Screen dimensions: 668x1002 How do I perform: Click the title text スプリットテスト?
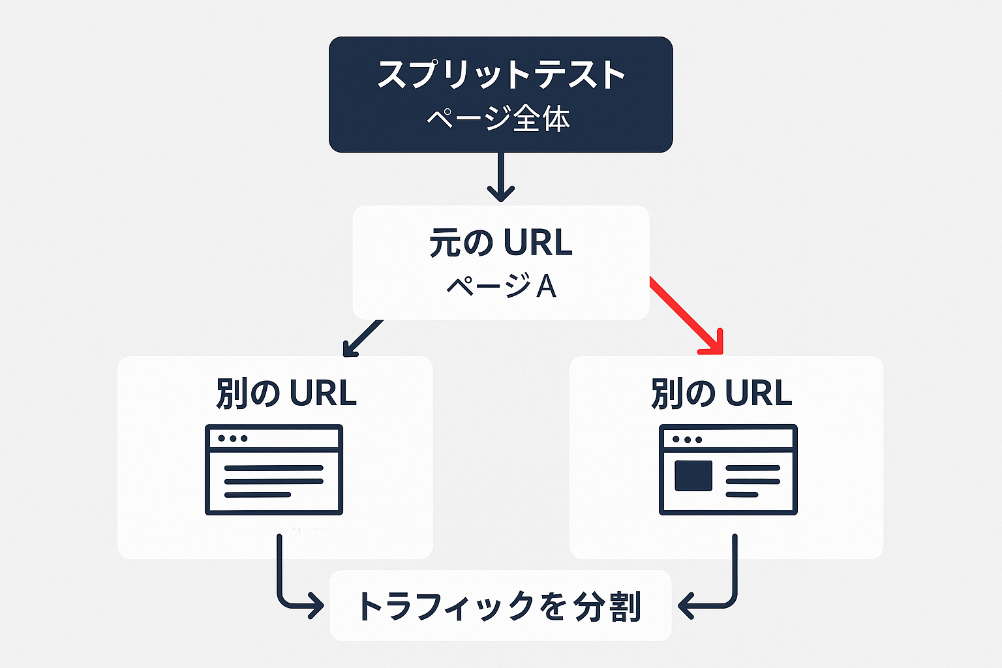500,75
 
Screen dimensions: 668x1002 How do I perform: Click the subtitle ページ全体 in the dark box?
499,119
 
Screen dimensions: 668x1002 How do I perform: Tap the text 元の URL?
500,243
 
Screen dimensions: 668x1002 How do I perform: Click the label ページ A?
500,286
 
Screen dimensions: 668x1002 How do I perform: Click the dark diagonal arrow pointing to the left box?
363,338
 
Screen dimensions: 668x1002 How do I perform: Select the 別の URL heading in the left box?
286,393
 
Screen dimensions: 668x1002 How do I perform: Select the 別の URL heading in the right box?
721,393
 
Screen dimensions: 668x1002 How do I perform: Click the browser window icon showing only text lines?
274,470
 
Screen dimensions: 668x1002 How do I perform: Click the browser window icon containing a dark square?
728,470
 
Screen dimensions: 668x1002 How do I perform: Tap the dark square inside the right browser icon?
693,476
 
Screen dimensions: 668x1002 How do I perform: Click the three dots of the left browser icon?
233,438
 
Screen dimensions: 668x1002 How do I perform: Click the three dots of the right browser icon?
687,439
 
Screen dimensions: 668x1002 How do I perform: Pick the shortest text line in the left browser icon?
257,494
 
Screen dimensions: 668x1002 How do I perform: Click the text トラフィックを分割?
499,606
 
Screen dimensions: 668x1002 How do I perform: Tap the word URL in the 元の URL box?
538,243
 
